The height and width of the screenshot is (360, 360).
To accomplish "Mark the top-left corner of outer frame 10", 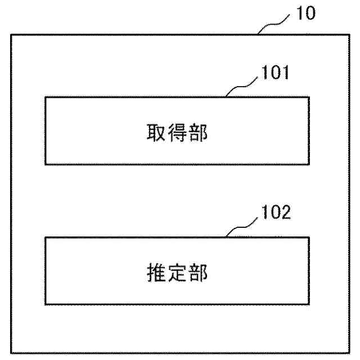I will (x=11, y=34).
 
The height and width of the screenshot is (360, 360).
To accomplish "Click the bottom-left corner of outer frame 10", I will (x=11, y=353).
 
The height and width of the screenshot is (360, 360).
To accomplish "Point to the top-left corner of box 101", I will (x=45, y=97).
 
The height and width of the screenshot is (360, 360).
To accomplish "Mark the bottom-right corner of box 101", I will (x=309, y=164).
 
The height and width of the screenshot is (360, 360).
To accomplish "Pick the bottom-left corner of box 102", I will (x=45, y=304).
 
